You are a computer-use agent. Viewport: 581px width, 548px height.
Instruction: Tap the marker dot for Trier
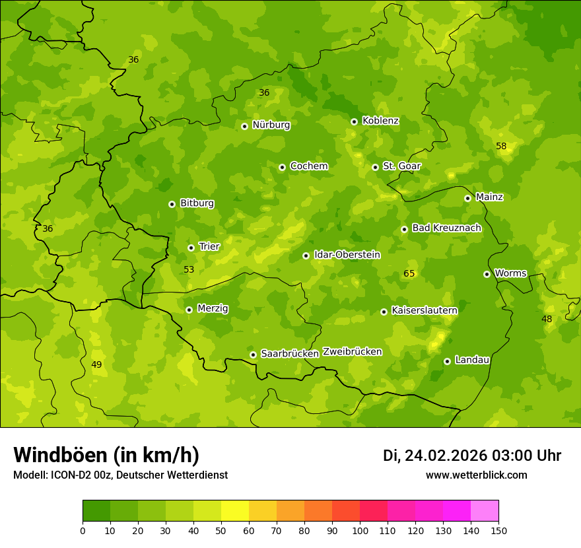[x=191, y=248]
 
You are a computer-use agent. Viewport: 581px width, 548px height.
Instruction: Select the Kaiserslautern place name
[x=425, y=310]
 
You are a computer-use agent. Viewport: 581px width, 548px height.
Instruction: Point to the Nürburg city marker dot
[x=244, y=126]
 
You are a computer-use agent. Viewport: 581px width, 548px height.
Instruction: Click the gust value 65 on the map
[x=409, y=273]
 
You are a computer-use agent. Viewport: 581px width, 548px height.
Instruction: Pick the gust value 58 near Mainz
[x=501, y=146]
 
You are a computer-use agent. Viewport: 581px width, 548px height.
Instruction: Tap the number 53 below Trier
[x=189, y=269]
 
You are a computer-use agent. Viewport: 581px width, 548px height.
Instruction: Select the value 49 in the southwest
[x=96, y=364]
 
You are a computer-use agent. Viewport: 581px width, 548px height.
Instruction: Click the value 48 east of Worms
[x=547, y=319]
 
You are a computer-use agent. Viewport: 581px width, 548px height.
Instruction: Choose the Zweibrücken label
[x=352, y=351]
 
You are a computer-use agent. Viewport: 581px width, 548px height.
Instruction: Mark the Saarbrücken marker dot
[x=253, y=355]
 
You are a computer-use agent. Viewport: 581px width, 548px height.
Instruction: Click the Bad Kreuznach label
[x=446, y=228]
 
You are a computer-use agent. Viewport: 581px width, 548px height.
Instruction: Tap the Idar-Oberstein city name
[x=347, y=254]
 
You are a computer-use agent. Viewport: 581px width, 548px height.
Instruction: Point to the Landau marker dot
[x=447, y=361]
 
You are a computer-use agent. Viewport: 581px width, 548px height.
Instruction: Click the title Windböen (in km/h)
[x=106, y=455]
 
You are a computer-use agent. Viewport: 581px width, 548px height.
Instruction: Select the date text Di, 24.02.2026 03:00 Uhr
[x=472, y=456]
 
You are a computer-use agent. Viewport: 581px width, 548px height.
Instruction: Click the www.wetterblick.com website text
[x=476, y=475]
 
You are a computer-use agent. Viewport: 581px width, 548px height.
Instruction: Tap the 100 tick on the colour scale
[x=360, y=530]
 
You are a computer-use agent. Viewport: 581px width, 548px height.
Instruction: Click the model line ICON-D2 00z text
[x=120, y=475]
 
